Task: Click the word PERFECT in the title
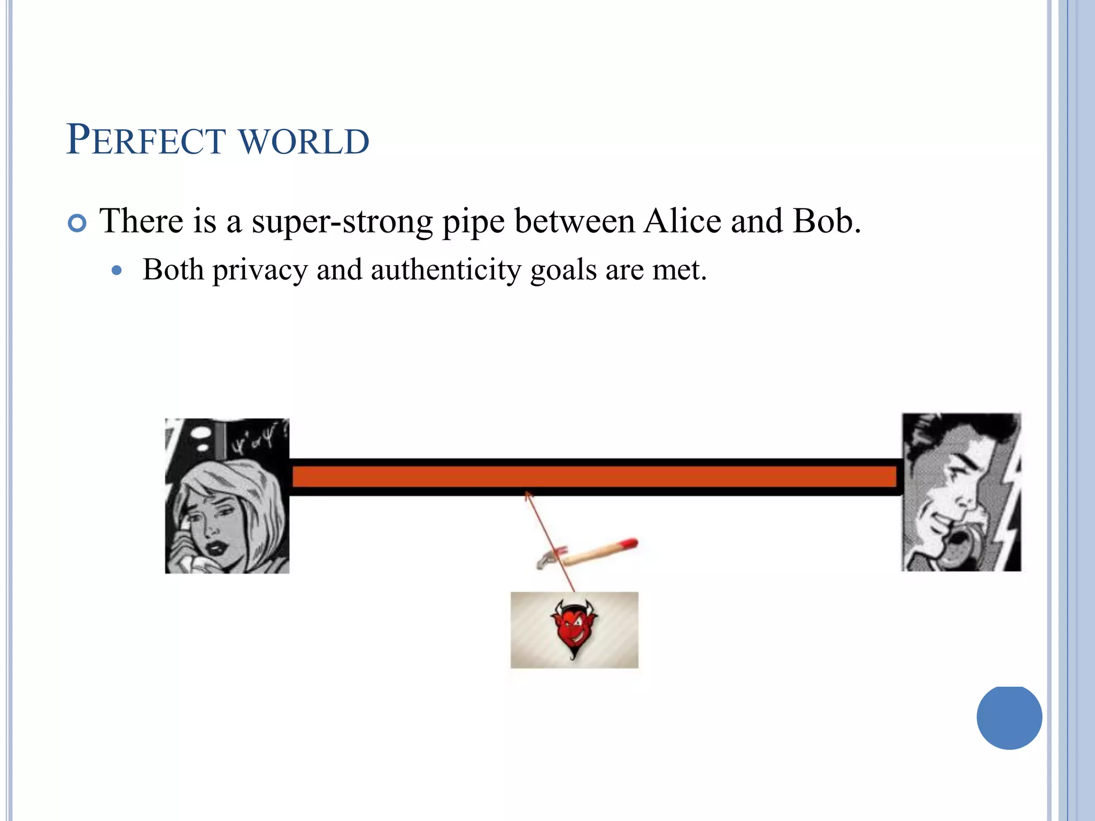coord(145,141)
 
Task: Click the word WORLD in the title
coord(304,142)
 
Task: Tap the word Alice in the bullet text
coord(682,221)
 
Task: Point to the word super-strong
coord(342,222)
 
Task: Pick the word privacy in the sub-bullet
coord(260,270)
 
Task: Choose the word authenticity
coord(445,270)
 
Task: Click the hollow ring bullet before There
coord(78,223)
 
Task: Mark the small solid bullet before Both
coord(117,270)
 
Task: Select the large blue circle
coord(1009,717)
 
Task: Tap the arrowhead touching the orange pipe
coord(528,495)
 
